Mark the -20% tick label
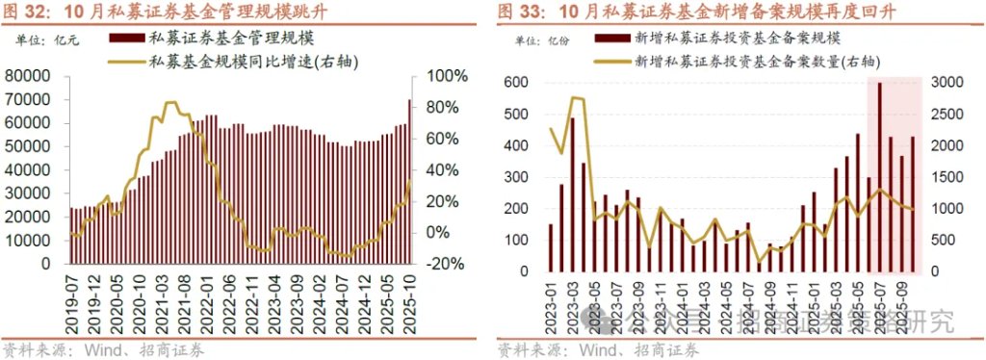tap(445, 263)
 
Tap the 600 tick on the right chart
tap(518, 84)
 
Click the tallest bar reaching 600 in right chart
tap(879, 177)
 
